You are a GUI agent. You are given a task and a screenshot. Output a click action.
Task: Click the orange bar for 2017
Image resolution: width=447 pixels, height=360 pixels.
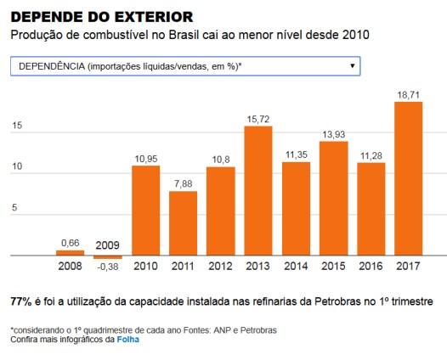pyautogui.click(x=409, y=178)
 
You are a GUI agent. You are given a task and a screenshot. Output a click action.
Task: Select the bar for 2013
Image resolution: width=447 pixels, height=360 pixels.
pyautogui.click(x=258, y=191)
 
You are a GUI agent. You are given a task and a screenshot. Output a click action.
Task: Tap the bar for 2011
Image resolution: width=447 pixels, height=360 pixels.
pyautogui.click(x=183, y=223)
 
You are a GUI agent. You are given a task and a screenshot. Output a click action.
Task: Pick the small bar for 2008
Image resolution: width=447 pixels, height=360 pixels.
pyautogui.click(x=70, y=252)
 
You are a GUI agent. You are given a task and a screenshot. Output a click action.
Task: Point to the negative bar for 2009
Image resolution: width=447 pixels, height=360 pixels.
pyautogui.click(x=108, y=257)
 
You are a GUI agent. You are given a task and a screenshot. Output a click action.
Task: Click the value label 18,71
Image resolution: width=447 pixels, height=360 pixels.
pyautogui.click(x=409, y=95)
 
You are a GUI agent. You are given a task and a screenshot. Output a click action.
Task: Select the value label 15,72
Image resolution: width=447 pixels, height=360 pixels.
pyautogui.click(x=258, y=120)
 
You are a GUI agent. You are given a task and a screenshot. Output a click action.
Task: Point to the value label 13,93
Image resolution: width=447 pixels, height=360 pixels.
pyautogui.click(x=333, y=134)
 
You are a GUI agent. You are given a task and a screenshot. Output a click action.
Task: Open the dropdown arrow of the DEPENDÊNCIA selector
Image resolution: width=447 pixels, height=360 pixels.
pyautogui.click(x=352, y=65)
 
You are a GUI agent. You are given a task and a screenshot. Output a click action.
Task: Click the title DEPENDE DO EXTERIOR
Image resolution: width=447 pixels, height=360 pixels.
pyautogui.click(x=101, y=16)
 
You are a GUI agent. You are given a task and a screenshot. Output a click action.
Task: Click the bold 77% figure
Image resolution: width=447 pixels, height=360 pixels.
pyautogui.click(x=20, y=302)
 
